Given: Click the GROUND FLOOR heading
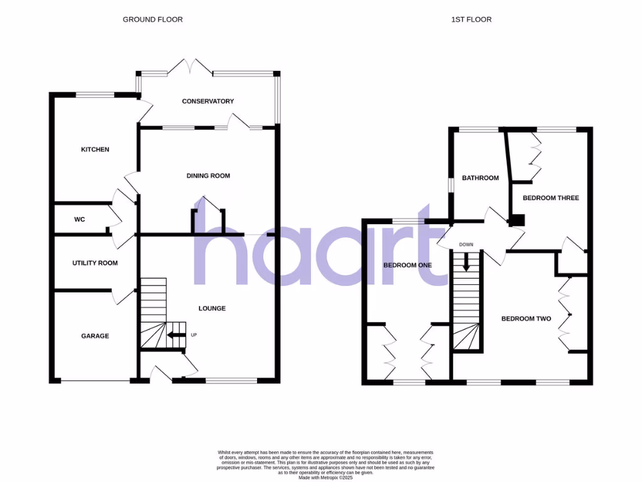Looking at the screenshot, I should click(152, 19).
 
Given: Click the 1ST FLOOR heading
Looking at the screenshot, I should click(471, 19).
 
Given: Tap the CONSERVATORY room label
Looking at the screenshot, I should click(208, 101).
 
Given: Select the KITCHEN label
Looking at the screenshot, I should click(95, 149).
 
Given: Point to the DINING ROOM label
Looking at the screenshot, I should click(208, 176).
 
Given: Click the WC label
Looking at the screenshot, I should click(80, 220).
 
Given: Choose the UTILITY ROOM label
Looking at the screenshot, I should click(95, 263).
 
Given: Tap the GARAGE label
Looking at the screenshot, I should click(95, 336).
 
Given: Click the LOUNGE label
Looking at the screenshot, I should click(212, 308).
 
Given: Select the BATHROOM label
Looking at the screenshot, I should click(480, 178).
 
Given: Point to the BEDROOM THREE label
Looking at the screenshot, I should click(550, 198).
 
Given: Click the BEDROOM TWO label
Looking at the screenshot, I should click(526, 319).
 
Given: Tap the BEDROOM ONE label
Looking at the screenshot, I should click(408, 265).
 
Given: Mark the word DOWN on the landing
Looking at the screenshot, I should click(466, 245).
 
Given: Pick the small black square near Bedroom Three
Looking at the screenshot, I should click(517, 220).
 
